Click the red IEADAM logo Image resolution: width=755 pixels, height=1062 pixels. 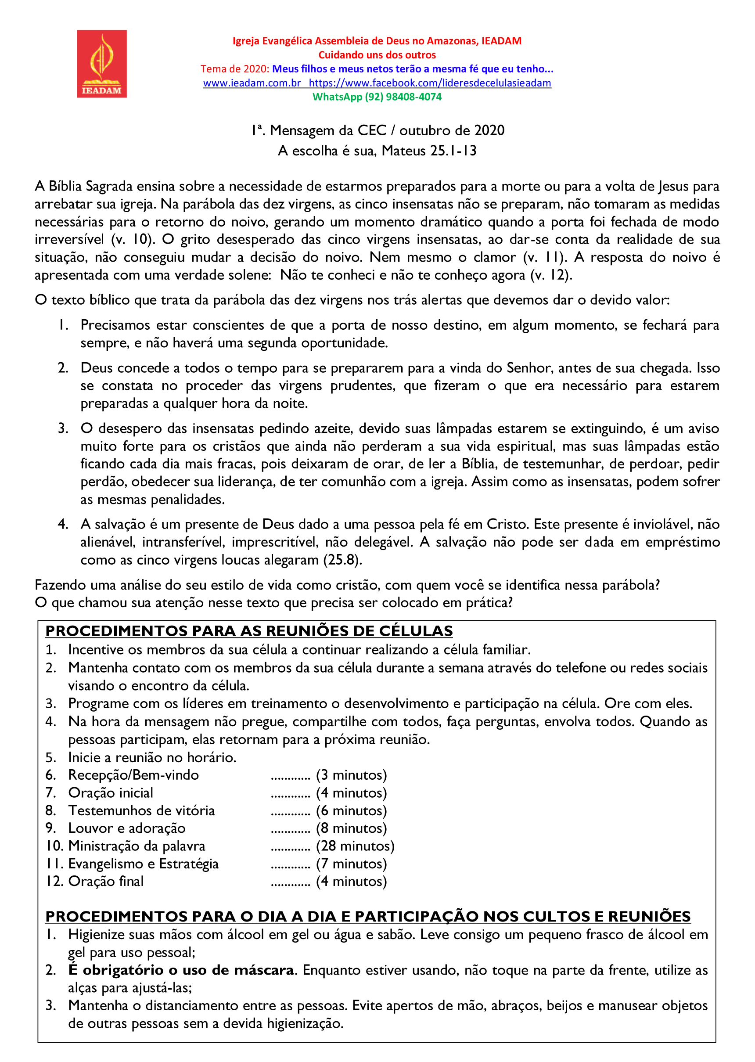coord(102,64)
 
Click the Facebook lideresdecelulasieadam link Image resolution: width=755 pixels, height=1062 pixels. coord(430,83)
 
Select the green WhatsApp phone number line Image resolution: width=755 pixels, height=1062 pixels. coord(377,97)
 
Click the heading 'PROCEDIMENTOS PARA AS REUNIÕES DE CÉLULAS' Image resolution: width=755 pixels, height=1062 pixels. coord(249,631)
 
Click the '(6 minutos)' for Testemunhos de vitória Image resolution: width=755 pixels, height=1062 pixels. coord(352,810)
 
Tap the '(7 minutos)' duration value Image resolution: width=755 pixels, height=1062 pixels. coord(352,864)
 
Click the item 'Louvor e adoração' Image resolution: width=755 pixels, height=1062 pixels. coord(126,828)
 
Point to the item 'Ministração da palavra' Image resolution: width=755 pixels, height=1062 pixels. coord(136,846)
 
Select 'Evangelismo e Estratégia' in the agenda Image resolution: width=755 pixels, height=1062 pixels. coord(143,864)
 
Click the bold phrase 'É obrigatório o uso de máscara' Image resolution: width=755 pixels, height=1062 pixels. coord(181,970)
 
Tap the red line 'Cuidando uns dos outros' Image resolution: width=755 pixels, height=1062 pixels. coord(377,55)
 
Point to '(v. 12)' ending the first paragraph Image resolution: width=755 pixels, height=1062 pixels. coord(551,275)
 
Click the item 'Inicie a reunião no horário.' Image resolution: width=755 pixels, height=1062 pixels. coord(152,757)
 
